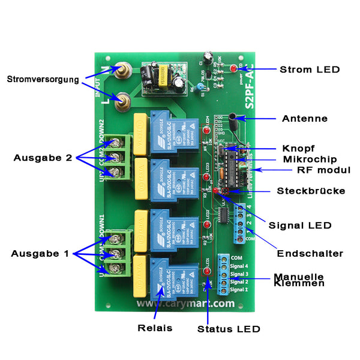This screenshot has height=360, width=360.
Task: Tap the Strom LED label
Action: (310, 70)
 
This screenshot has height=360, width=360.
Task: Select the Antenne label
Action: (305, 119)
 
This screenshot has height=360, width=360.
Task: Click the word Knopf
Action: (298, 148)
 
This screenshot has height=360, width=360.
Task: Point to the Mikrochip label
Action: (304, 160)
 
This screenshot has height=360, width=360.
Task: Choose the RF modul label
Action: (323, 170)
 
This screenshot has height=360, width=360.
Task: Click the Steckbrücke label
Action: (311, 191)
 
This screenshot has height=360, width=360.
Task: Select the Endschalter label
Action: (310, 254)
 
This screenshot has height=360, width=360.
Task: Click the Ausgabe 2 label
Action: (43, 158)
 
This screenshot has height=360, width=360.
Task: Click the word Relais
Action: (154, 328)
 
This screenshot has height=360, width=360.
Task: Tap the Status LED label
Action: (229, 329)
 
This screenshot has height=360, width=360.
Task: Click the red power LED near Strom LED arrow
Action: (232, 70)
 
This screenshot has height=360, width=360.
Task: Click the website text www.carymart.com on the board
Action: (185, 304)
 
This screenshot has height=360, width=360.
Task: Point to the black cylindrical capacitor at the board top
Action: (207, 57)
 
